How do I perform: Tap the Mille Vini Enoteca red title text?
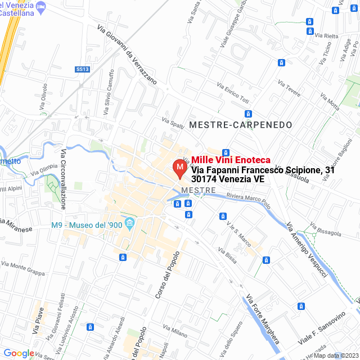pyautogui.click(x=231, y=160)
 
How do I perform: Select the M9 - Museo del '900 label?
pyautogui.click(x=86, y=226)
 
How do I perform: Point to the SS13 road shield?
pyautogui.click(x=82, y=69)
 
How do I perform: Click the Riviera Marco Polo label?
pyautogui.click(x=248, y=201)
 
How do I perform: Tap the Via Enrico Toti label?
pyautogui.click(x=232, y=92)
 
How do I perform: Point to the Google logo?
pyautogui.click(x=19, y=353)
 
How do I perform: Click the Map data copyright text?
pyautogui.click(x=335, y=355)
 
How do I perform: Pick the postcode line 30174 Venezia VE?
pyautogui.click(x=228, y=179)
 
